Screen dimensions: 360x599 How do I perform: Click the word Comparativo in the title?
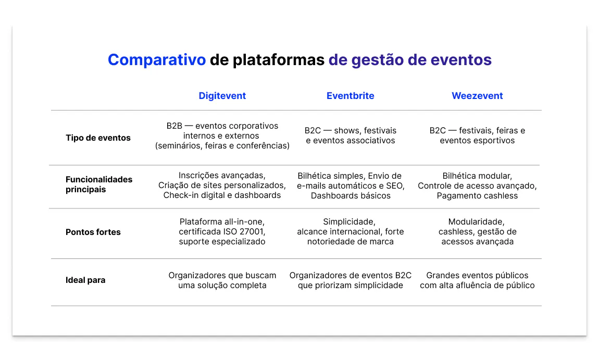pyautogui.click(x=157, y=60)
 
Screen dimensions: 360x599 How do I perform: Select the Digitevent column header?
pyautogui.click(x=222, y=96)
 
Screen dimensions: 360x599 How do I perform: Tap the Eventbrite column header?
pyautogui.click(x=351, y=96)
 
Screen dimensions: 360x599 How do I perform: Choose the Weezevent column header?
pyautogui.click(x=477, y=96)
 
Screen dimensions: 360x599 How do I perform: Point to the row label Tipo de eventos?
pyautogui.click(x=98, y=138)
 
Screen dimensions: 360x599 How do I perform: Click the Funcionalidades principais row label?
pyautogui.click(x=99, y=184)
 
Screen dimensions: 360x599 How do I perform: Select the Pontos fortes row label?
pyautogui.click(x=93, y=232)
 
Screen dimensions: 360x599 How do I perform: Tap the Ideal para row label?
pyautogui.click(x=85, y=280)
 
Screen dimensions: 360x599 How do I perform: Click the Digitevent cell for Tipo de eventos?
pyautogui.click(x=222, y=136)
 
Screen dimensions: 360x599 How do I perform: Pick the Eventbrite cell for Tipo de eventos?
pyautogui.click(x=351, y=135)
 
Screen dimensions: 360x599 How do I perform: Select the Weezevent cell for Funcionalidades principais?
pyautogui.click(x=477, y=186)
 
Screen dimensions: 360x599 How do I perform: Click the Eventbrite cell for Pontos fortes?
pyautogui.click(x=351, y=232)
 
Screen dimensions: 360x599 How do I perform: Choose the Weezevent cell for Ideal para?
pyautogui.click(x=477, y=280)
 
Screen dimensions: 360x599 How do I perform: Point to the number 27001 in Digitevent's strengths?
pyautogui.click(x=252, y=232)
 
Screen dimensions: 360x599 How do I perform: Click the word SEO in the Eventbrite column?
pyautogui.click(x=395, y=186)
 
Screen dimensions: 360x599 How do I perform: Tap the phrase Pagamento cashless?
pyautogui.click(x=477, y=196)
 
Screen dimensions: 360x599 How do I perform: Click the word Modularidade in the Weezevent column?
pyautogui.click(x=476, y=222)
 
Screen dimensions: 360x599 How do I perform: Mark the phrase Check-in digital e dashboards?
pyautogui.click(x=222, y=195)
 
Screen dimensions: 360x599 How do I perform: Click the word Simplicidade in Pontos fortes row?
pyautogui.click(x=349, y=222)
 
